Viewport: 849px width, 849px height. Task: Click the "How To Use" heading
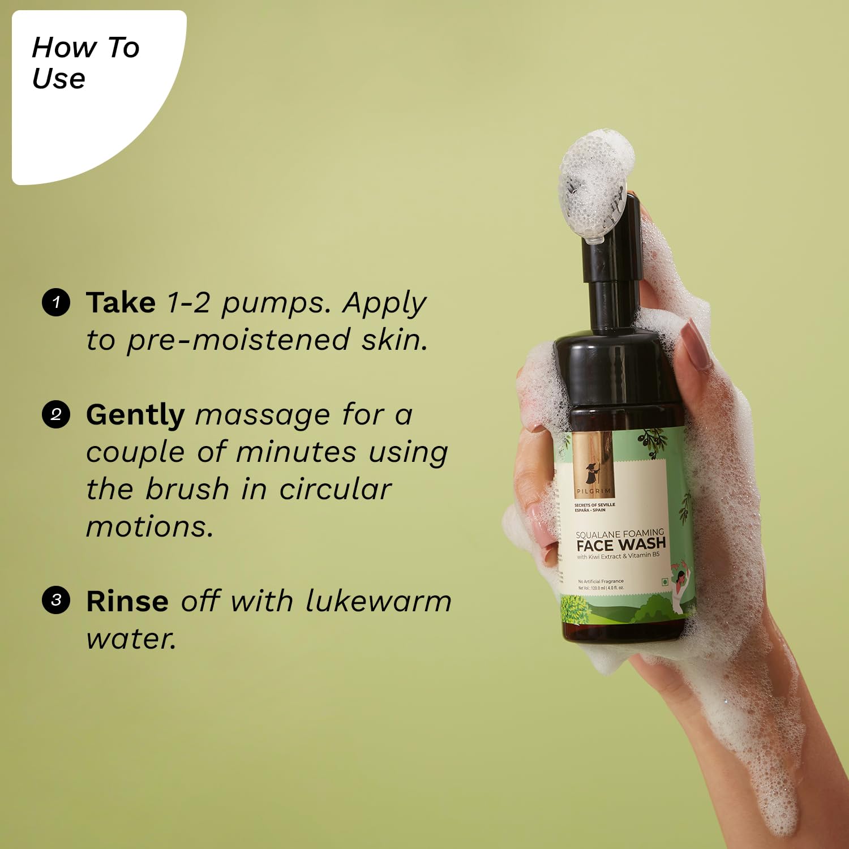tap(85, 62)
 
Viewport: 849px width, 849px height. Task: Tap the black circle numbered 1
tap(56, 302)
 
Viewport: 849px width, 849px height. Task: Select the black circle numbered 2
tap(56, 415)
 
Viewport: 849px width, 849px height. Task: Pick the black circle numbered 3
tap(56, 600)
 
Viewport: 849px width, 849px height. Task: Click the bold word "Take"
tap(121, 302)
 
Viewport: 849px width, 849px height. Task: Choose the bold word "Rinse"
tap(127, 601)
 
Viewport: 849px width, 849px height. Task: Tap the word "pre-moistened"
tap(238, 341)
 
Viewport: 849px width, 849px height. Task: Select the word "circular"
tap(335, 490)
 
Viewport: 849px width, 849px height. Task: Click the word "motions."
tap(149, 527)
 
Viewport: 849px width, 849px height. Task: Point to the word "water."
tap(131, 639)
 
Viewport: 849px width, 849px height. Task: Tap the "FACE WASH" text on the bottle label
tap(620, 544)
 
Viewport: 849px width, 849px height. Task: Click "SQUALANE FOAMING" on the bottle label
tap(619, 533)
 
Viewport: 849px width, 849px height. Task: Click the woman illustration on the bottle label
tap(680, 589)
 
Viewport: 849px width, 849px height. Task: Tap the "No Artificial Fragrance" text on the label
tap(601, 581)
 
